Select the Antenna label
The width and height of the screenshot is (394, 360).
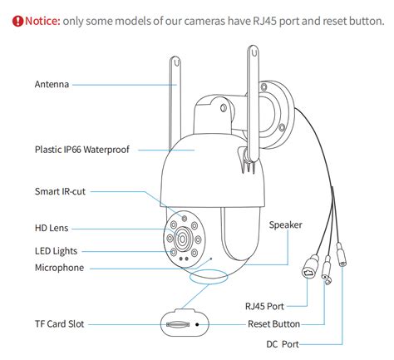click(52, 84)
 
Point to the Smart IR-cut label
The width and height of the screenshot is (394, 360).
click(60, 191)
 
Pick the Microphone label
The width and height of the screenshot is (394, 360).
click(59, 268)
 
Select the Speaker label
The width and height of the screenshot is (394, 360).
click(285, 224)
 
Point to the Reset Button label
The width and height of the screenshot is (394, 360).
click(273, 323)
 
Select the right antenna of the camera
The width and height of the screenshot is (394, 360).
click(252, 104)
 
